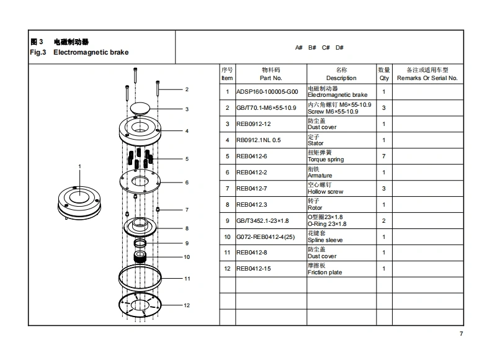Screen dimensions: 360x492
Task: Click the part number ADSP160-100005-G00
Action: coord(271,92)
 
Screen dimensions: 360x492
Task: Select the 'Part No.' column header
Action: coord(271,78)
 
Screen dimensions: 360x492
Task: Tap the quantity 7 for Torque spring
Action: coord(384,156)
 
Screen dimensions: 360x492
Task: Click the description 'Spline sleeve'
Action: coord(325,240)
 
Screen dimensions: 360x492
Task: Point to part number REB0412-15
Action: coord(253,269)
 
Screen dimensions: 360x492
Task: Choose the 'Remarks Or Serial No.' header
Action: coord(427,78)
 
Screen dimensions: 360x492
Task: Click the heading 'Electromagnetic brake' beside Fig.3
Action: coord(91,53)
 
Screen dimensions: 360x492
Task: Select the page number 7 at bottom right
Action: coord(461,335)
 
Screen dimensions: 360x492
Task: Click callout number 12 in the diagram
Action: coord(187,305)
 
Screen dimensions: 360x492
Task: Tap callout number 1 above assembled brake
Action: coord(80,166)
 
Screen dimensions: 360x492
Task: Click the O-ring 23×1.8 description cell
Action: coord(328,220)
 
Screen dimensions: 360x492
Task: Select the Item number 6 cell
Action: coord(227,173)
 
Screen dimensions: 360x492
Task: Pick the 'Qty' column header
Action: coord(384,78)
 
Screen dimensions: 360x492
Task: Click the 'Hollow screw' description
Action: coord(325,192)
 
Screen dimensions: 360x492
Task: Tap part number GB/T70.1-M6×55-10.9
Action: coord(271,108)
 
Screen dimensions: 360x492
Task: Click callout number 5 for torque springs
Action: coord(187,159)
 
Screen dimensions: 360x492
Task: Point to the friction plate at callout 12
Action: coord(140,305)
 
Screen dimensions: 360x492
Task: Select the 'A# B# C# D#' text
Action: coord(319,48)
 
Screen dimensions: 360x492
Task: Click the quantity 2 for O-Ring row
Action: coord(384,221)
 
